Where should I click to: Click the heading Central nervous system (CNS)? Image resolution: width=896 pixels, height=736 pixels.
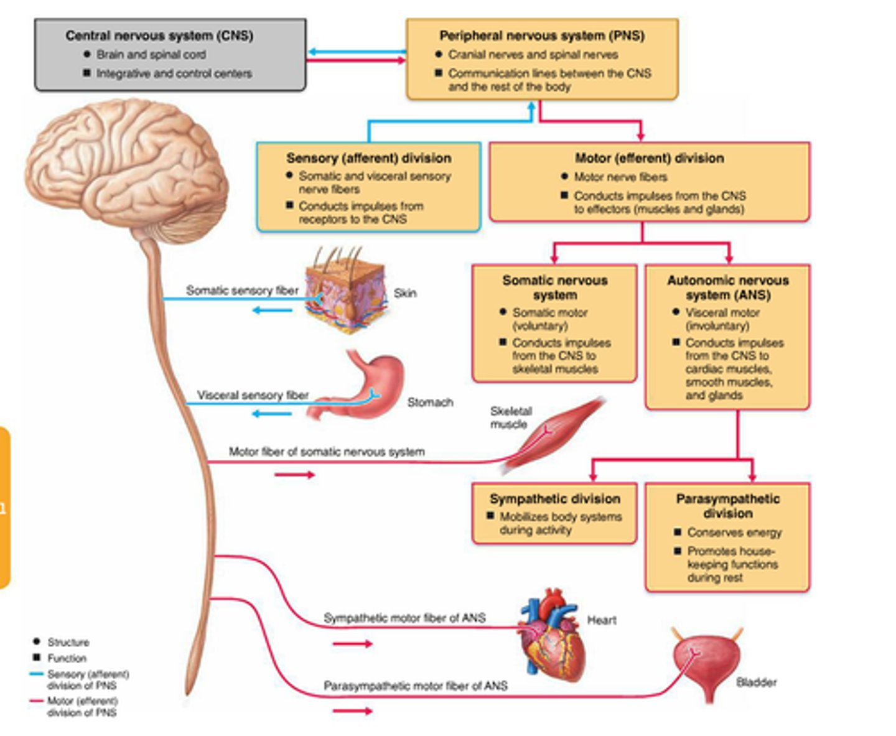pos(159,35)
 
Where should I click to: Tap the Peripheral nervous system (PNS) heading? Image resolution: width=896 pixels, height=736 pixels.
pos(541,35)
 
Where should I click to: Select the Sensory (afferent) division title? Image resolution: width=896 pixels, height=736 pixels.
pos(368,158)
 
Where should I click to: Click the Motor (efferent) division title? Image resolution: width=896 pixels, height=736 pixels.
pos(649,158)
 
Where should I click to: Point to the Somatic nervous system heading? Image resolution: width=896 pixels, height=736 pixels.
pos(554,287)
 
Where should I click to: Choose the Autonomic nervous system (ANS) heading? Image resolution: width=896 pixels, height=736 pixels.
pos(727,287)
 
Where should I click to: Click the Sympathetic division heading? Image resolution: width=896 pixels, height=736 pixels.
pos(554,498)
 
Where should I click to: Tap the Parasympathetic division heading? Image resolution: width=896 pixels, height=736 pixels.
pos(727,506)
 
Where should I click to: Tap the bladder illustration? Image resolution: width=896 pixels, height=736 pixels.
pos(707,663)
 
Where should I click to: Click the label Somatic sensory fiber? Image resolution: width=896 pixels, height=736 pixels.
pos(242,290)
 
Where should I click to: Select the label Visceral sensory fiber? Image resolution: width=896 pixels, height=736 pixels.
pos(253,395)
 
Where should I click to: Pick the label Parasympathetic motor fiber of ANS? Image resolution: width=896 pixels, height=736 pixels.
pos(415,686)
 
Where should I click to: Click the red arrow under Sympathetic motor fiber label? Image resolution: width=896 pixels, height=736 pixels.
pos(352,644)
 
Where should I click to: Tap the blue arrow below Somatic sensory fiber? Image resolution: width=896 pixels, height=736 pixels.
pos(273,310)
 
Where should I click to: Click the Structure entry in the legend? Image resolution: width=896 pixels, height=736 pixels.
pos(68,642)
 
